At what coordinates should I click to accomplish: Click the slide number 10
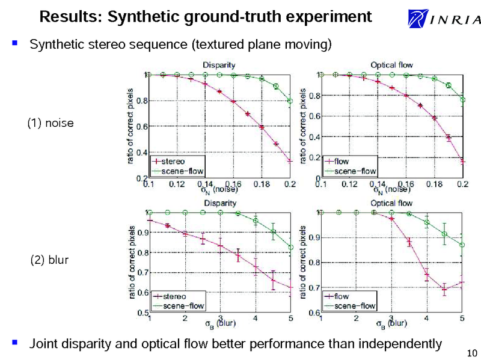(x=471, y=352)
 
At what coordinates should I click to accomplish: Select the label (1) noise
(x=51, y=124)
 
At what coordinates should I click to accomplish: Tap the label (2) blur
(x=49, y=261)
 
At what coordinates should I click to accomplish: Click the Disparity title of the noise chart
(x=218, y=64)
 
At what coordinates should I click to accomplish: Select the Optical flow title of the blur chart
(x=391, y=203)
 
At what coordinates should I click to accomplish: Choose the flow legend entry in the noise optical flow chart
(x=341, y=161)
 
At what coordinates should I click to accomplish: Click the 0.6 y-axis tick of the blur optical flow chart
(x=314, y=313)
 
